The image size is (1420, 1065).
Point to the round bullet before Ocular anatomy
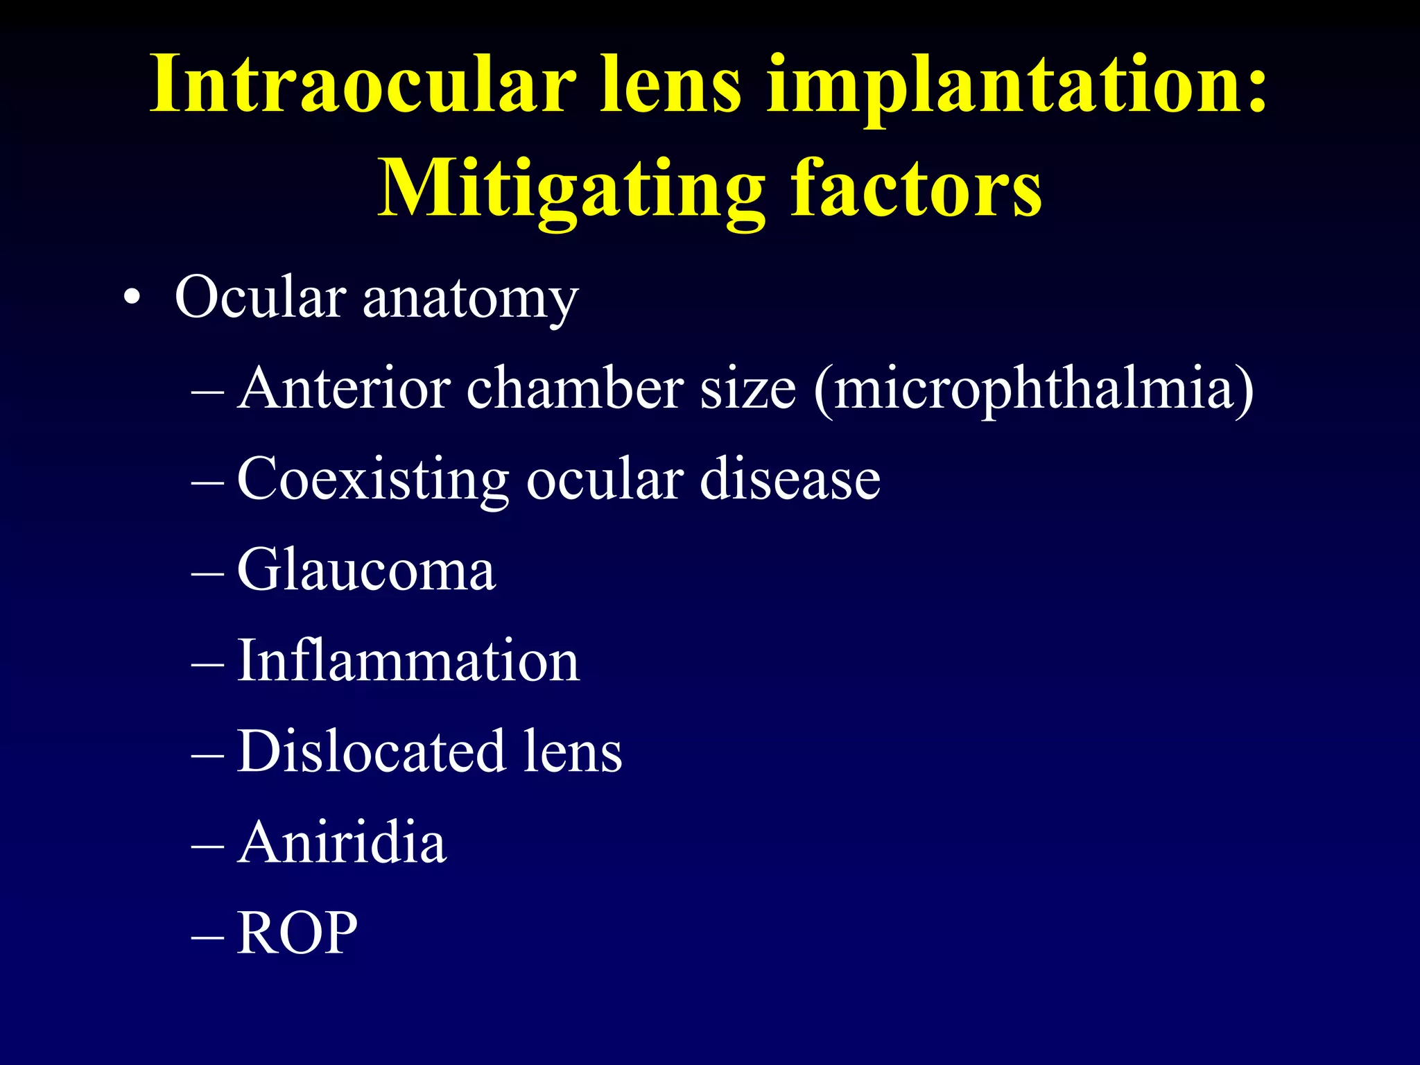131,299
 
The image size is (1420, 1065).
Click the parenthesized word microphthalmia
1033,390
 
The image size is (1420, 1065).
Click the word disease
790,480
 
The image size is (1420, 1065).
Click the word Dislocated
370,752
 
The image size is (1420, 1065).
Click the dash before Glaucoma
207,573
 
